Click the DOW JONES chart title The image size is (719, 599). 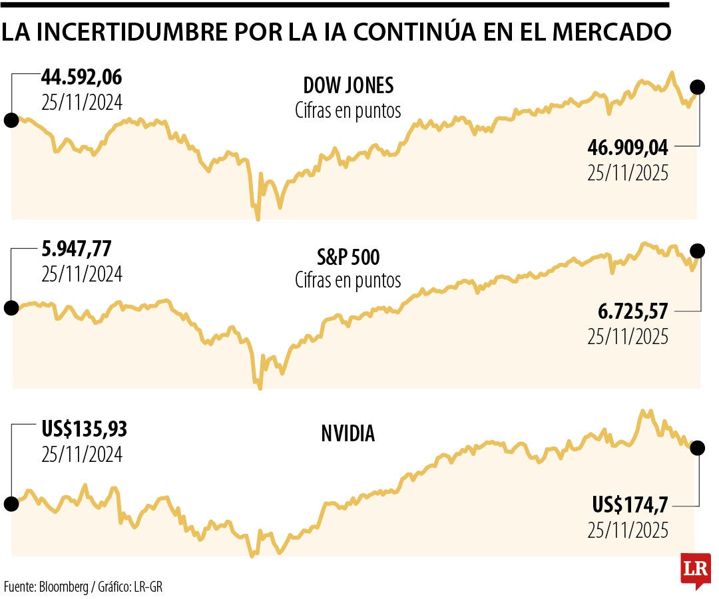348,85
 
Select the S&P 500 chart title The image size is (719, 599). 348,257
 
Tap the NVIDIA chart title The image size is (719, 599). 348,434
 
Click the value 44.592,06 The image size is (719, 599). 82,78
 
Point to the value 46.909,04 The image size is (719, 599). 628,147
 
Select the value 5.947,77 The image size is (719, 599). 77,249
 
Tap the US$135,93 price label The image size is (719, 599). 84,429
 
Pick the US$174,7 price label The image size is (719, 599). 630,505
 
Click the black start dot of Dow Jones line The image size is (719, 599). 11,120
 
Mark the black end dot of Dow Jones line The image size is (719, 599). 697,87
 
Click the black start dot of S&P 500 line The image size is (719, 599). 11,307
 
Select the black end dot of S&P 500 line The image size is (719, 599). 697,251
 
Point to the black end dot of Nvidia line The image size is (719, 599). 697,448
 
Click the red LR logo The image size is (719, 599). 695,570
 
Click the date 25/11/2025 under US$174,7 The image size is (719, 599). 628,530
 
